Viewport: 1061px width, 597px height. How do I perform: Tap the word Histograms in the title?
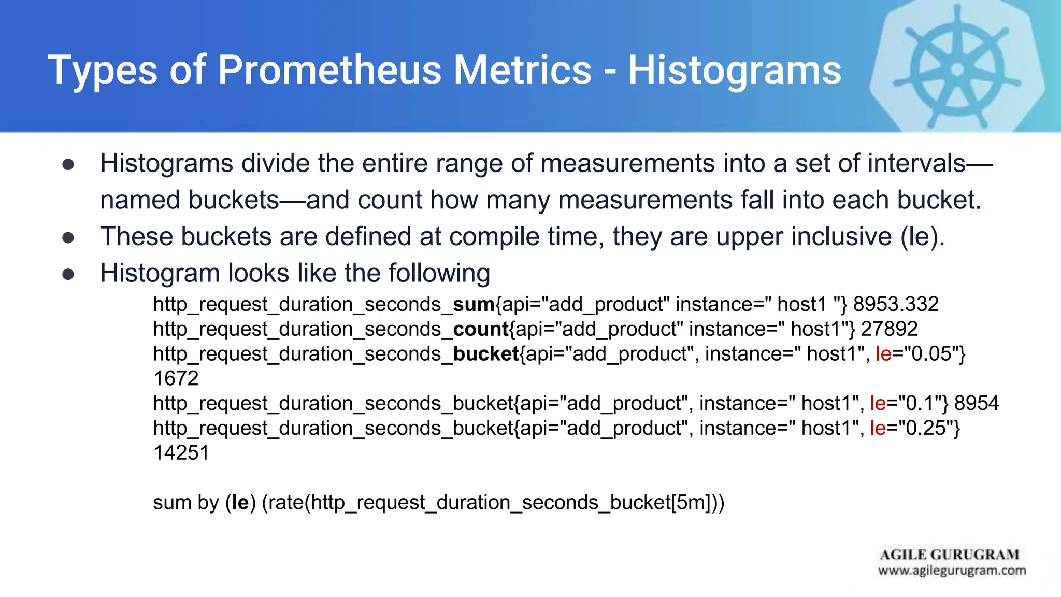[735, 70]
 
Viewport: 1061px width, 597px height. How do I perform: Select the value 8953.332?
[896, 304]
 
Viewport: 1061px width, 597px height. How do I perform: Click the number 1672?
[176, 379]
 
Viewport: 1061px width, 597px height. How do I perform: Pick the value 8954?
[977, 403]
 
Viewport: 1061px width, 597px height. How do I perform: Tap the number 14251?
[181, 453]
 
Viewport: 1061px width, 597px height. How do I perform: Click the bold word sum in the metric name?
[474, 304]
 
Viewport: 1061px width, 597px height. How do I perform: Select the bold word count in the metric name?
[480, 329]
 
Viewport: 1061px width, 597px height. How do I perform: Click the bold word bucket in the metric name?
[486, 354]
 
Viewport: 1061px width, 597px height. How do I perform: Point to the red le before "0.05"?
[883, 354]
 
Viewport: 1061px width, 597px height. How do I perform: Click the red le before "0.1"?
[878, 403]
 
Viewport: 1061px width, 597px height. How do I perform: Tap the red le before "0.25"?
[878, 428]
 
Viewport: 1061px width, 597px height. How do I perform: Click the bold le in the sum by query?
[240, 503]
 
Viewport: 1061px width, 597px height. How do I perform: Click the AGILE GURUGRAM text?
[949, 555]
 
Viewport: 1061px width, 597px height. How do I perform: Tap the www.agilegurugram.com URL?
[952, 571]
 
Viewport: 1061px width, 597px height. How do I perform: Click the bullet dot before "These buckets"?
[68, 238]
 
